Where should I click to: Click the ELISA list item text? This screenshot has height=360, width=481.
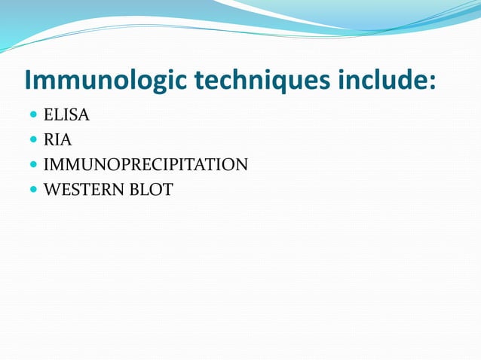click(x=66, y=115)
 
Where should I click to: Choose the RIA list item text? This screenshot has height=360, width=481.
click(x=58, y=139)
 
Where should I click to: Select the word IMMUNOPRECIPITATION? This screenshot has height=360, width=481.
click(x=146, y=164)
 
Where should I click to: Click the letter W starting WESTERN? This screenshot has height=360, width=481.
click(x=52, y=189)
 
